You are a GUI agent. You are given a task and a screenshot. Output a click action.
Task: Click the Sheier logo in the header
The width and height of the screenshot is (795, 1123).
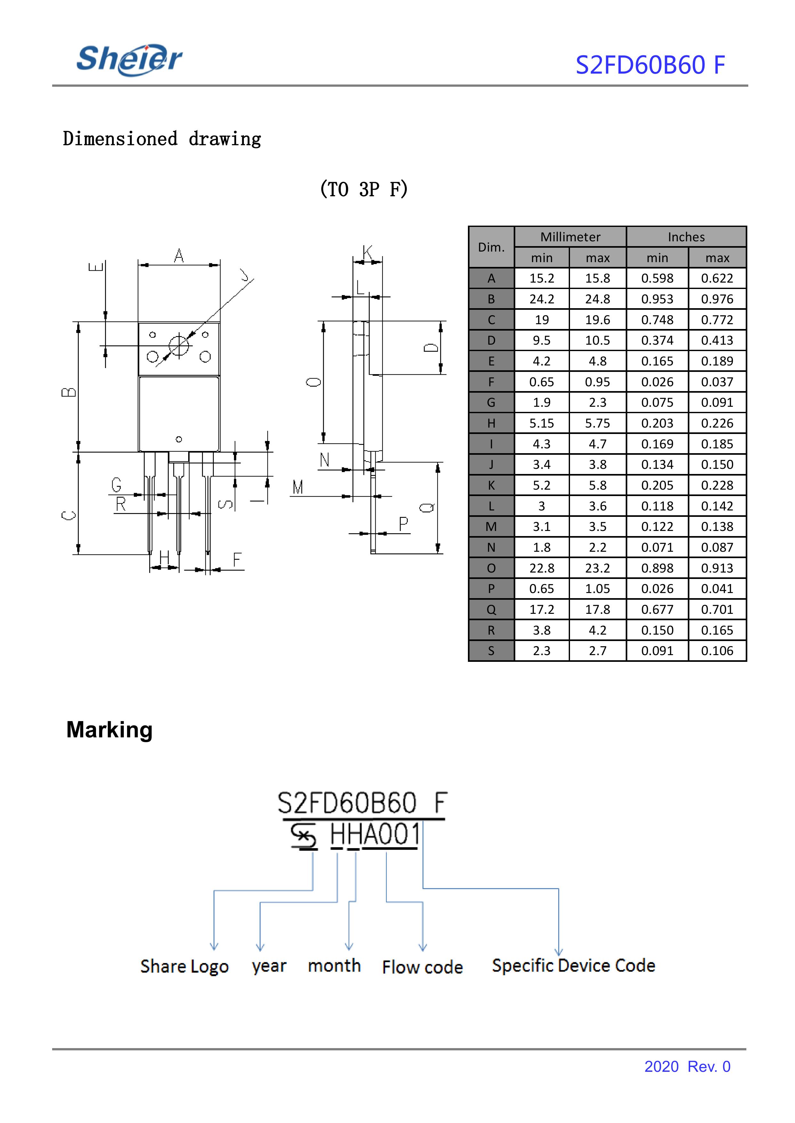[x=129, y=60]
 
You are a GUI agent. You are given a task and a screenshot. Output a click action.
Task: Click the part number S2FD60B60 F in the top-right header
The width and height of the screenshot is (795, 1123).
[x=650, y=65]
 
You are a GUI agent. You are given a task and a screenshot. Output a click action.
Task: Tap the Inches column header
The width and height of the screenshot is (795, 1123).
[x=686, y=237]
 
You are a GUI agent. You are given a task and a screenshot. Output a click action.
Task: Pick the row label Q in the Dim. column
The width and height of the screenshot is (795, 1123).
[x=491, y=609]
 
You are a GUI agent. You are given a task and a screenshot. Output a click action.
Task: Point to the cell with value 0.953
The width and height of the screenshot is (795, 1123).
[x=657, y=299]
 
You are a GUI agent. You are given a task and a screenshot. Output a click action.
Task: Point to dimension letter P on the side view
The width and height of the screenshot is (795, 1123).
[x=403, y=524]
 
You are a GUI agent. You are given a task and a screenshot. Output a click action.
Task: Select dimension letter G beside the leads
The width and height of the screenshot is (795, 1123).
[x=116, y=485]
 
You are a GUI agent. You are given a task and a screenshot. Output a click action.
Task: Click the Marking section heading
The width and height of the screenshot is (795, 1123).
[x=110, y=730]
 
